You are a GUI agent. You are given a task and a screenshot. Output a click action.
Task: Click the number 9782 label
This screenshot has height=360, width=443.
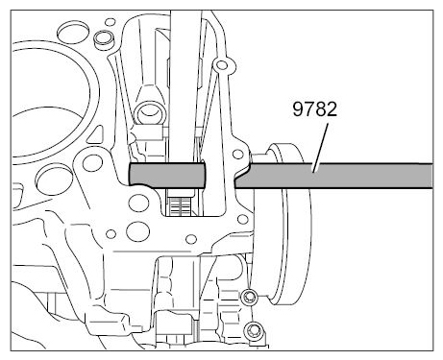pyautogui.click(x=315, y=109)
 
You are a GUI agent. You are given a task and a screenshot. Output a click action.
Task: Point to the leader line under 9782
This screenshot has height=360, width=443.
pyautogui.click(x=321, y=148)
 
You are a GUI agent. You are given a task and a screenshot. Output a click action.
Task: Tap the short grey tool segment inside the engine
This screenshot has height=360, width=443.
pyautogui.click(x=166, y=175)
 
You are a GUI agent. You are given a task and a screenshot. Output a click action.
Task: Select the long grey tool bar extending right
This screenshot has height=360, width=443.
pyautogui.click(x=333, y=176)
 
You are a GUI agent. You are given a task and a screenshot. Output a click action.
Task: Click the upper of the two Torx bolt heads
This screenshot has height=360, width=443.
pyautogui.click(x=249, y=299)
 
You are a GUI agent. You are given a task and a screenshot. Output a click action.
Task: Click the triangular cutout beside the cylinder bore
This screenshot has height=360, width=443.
pyautogui.click(x=96, y=135)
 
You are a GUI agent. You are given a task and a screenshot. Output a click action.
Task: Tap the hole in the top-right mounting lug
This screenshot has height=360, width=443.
pyautogui.click(x=221, y=65)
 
